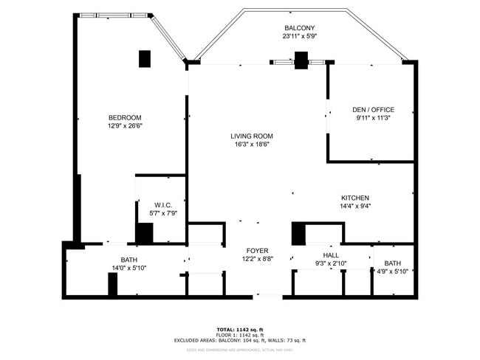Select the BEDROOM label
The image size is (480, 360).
[125, 117]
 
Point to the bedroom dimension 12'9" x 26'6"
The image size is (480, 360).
[125, 125]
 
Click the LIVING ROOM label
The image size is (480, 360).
[252, 136]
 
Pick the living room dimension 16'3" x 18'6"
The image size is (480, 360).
[252, 144]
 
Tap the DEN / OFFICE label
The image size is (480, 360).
[373, 110]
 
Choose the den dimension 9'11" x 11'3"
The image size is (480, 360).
[373, 118]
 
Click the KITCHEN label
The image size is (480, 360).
[354, 198]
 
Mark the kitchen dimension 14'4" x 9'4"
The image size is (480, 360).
[354, 207]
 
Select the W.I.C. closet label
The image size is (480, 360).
[163, 204]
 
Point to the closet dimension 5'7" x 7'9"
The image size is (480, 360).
[163, 213]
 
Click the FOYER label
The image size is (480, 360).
[257, 251]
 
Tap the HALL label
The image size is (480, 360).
[330, 255]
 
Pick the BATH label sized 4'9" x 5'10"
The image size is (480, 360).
[392, 263]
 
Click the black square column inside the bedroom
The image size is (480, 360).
[145, 59]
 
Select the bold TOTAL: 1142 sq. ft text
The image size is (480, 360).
[240, 329]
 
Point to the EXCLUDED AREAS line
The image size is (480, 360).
[240, 340]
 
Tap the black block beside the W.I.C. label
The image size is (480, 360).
[145, 232]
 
